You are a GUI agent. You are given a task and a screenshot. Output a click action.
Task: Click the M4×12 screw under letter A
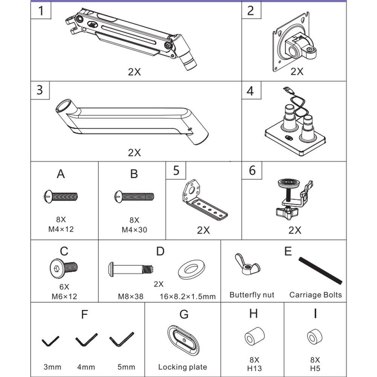(61, 196)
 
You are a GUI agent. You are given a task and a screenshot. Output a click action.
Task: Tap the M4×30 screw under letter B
(134, 196)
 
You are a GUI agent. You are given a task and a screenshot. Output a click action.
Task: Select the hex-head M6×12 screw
(64, 268)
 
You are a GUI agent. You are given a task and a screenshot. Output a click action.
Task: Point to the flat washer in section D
(192, 269)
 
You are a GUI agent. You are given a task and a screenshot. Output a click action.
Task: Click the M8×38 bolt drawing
(131, 269)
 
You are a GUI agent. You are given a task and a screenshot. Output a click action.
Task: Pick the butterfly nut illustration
(247, 264)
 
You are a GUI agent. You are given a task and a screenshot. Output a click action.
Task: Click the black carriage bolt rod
(320, 271)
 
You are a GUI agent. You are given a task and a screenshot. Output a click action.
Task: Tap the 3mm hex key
(50, 341)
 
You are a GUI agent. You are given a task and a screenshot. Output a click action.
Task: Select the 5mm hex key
(122, 340)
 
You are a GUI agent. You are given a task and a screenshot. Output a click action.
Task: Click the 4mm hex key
(86, 340)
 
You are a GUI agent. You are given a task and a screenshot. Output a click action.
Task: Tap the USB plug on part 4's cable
(288, 90)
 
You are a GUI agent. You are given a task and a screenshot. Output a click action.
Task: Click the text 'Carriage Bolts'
(316, 295)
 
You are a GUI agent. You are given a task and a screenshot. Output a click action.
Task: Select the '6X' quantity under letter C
(64, 287)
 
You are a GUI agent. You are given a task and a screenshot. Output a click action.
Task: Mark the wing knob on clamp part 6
(287, 212)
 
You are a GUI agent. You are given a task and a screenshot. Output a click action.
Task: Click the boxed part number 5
(176, 170)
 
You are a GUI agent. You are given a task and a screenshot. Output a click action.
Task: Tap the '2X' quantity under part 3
(134, 152)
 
